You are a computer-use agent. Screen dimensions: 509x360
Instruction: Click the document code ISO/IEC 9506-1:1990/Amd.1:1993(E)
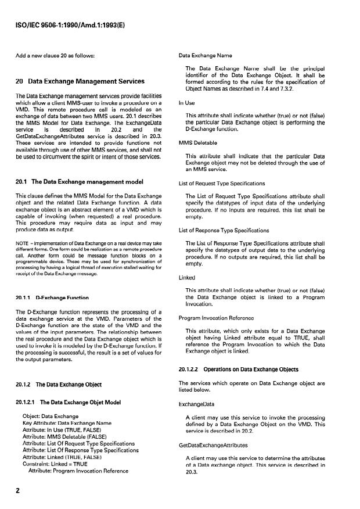coord(73,25)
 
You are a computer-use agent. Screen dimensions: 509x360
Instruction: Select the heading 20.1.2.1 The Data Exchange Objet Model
coord(69,400)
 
